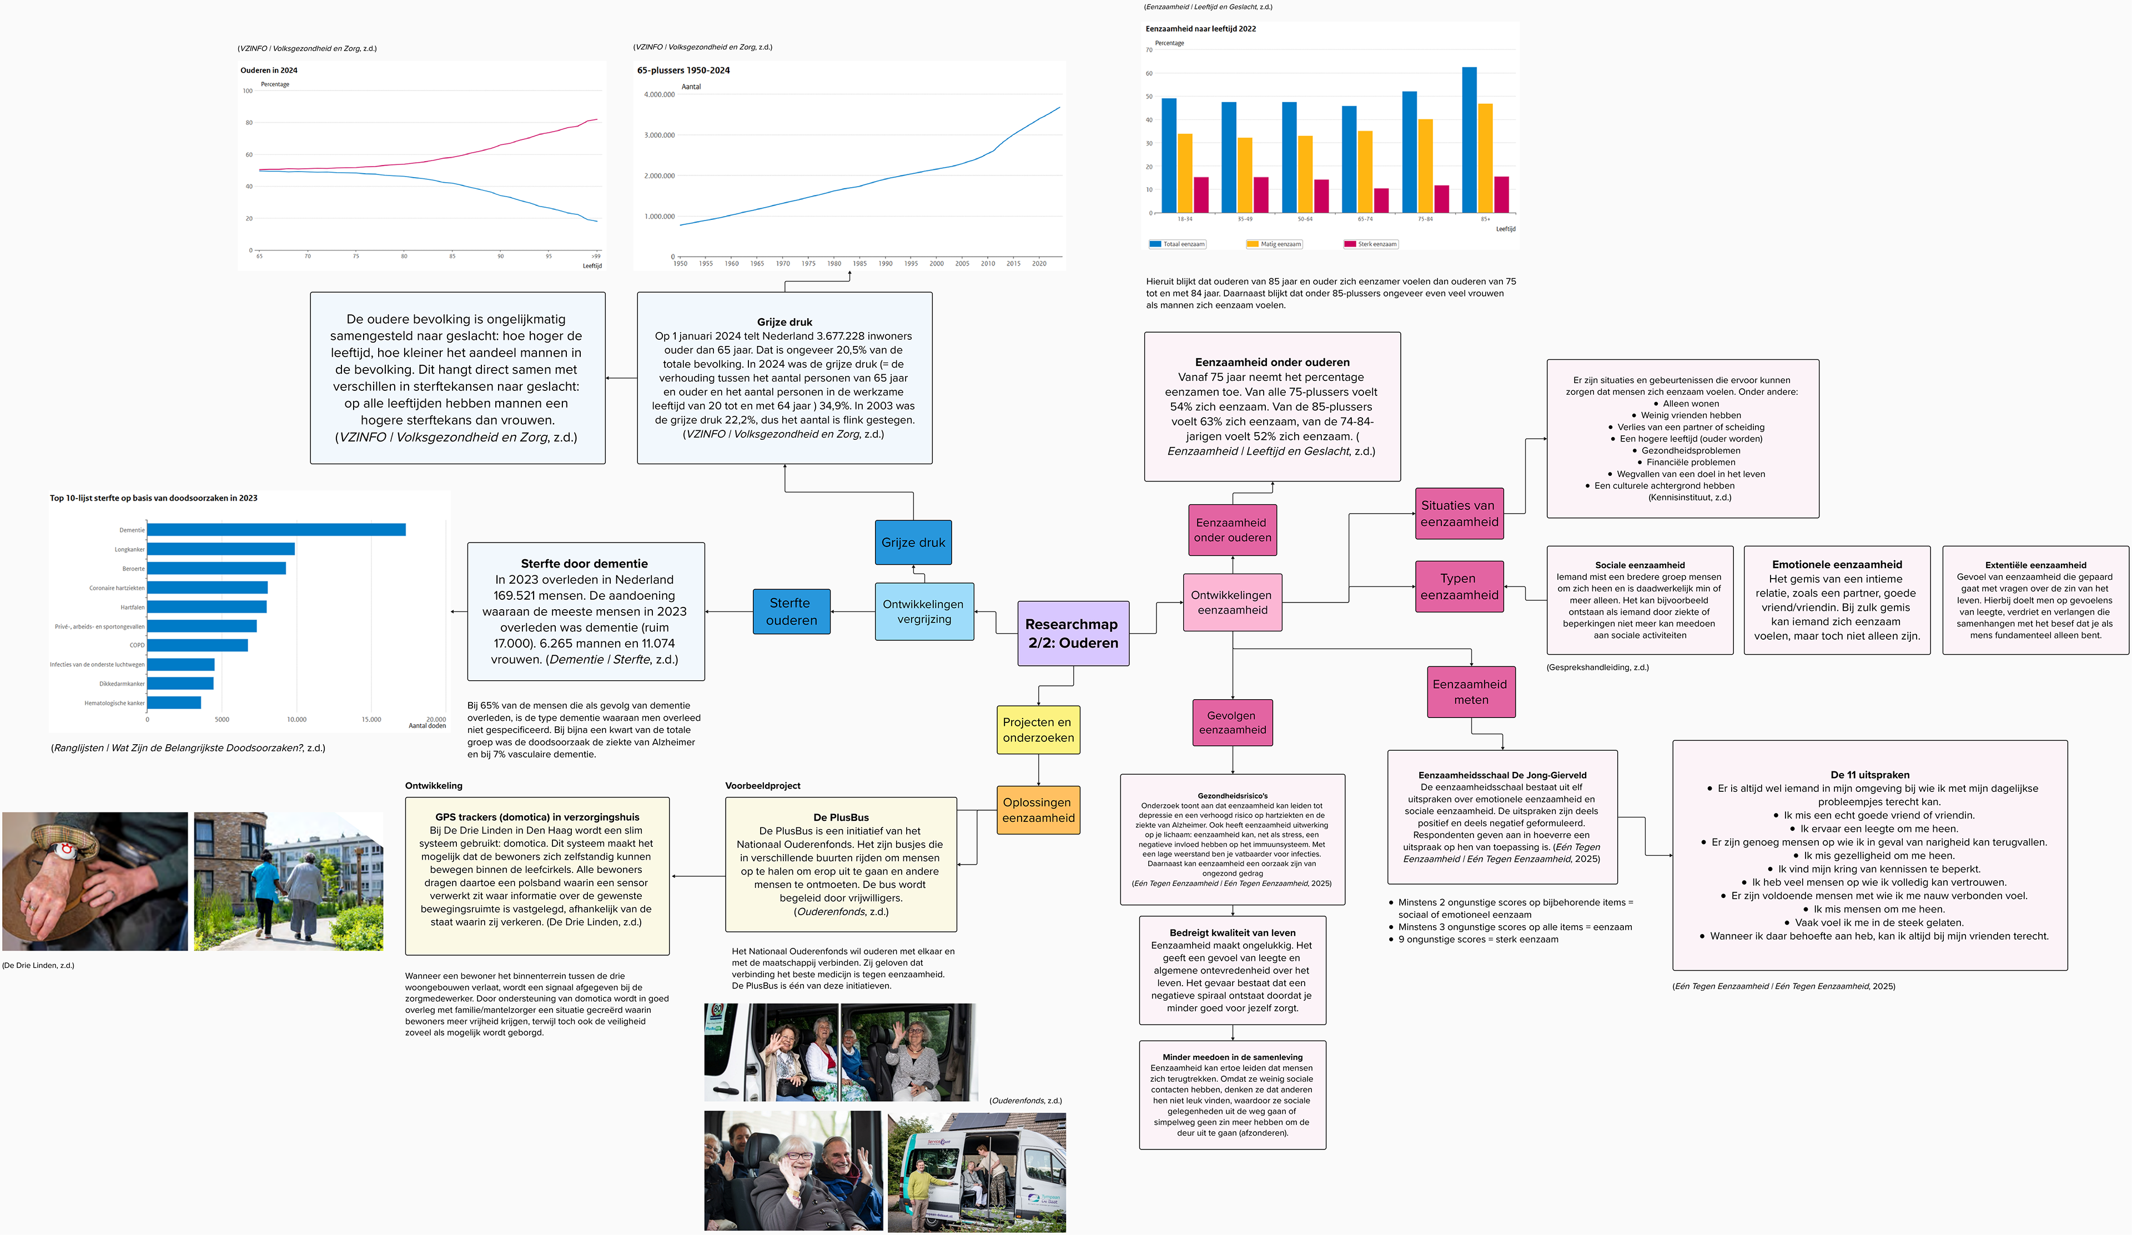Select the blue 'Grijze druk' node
tap(913, 542)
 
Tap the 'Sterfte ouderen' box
tap(791, 611)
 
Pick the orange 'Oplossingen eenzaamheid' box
tap(1038, 810)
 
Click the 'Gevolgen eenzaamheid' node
tap(1232, 722)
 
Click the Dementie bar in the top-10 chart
tap(276, 530)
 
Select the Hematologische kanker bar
tap(173, 702)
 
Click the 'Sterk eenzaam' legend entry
tap(1371, 244)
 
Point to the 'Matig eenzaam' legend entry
tap(1274, 244)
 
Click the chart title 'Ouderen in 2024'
tap(269, 70)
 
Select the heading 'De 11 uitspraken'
tap(1870, 775)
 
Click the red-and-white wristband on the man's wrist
tap(63, 849)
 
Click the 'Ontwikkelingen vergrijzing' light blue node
tap(923, 611)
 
